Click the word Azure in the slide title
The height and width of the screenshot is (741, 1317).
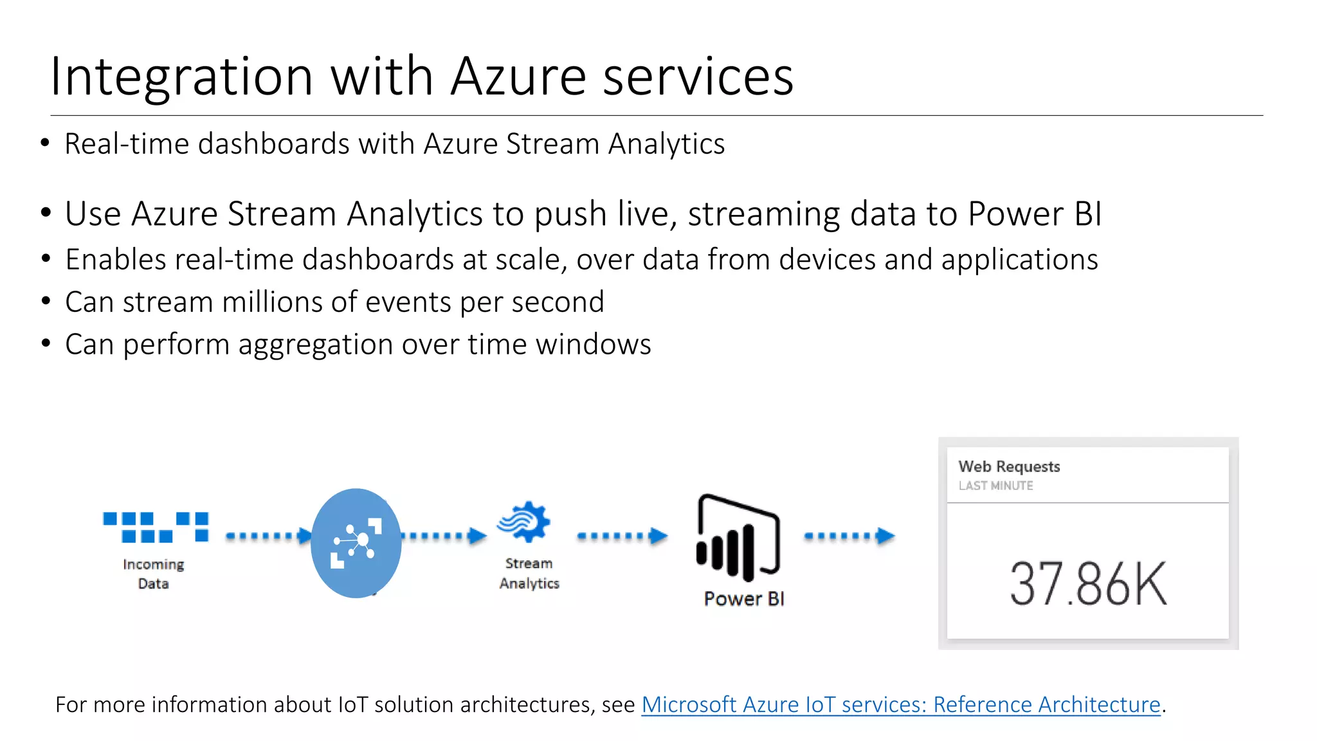click(x=518, y=77)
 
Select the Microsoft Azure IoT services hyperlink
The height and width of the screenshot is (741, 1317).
click(x=900, y=704)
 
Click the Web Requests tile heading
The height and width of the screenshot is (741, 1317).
click(x=1009, y=466)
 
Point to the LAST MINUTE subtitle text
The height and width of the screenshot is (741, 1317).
click(x=995, y=486)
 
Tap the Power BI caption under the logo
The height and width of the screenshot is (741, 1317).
click(x=744, y=599)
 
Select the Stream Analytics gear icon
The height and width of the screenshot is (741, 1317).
click(x=525, y=522)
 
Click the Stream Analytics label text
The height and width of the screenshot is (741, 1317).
click(x=529, y=573)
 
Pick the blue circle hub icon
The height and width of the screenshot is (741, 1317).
click(x=356, y=543)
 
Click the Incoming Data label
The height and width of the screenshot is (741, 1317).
click(x=153, y=574)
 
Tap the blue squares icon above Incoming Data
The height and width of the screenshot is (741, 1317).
click(x=156, y=527)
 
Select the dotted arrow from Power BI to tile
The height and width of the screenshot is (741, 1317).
click(x=849, y=536)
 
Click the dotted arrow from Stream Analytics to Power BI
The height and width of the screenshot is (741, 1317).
click(x=622, y=536)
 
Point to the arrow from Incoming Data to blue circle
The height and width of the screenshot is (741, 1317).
click(x=268, y=536)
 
